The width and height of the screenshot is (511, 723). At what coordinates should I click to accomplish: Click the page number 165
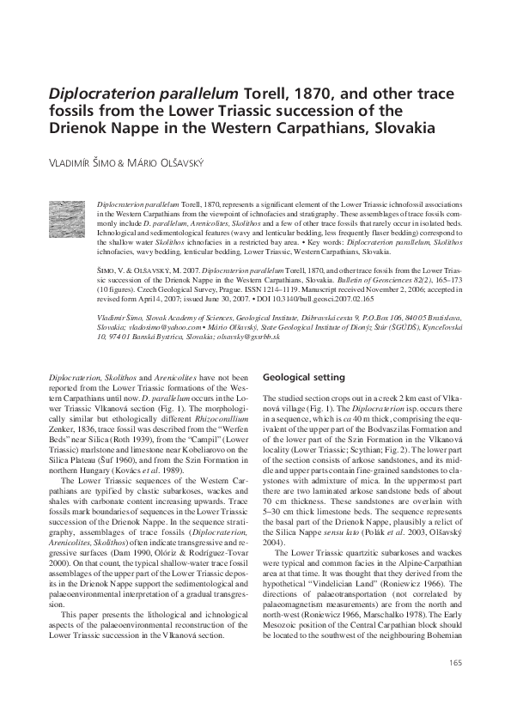coord(454,686)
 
